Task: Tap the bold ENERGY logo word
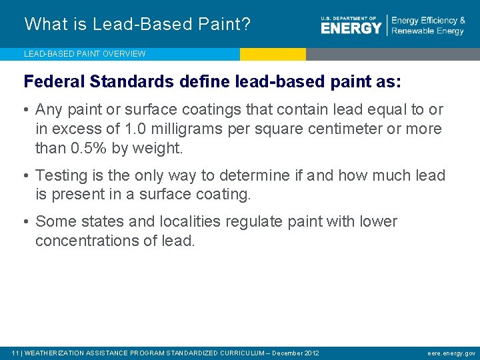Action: pyautogui.click(x=351, y=27)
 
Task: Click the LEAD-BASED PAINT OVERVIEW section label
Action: pyautogui.click(x=85, y=53)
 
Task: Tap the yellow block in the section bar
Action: pyautogui.click(x=273, y=54)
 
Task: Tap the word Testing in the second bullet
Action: pyautogui.click(x=61, y=175)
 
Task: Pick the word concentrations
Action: pyautogui.click(x=87, y=241)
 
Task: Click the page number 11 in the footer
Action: pyautogui.click(x=15, y=353)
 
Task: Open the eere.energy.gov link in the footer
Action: pyautogui.click(x=452, y=353)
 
